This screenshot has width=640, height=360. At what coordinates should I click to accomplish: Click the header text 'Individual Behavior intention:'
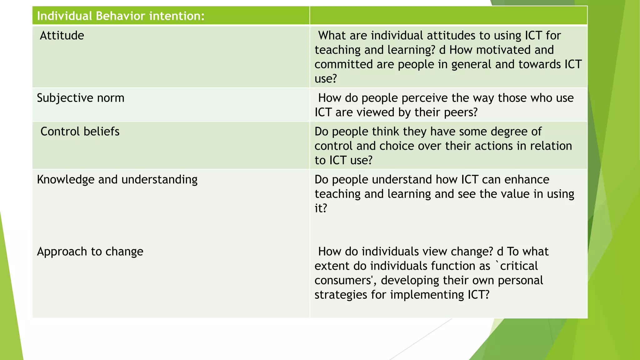tap(121, 16)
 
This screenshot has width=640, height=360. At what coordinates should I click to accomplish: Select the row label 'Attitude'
tap(62, 36)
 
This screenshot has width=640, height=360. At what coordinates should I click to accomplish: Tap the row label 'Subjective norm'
tap(81, 98)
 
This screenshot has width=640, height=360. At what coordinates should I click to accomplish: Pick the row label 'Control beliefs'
tap(80, 132)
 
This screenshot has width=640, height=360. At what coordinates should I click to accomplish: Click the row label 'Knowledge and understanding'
tap(117, 180)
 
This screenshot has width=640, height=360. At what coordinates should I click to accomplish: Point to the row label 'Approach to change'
tap(90, 252)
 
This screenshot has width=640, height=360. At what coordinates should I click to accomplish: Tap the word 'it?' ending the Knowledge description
tap(321, 208)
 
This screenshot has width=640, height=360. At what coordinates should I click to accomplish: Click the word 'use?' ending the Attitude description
tap(326, 79)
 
